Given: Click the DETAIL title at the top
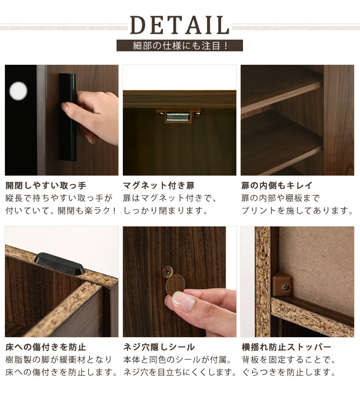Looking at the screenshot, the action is click(180, 25).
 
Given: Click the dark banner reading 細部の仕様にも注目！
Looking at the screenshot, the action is click(180, 45).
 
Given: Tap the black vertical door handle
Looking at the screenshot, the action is click(68, 117).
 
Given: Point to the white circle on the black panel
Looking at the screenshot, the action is click(18, 90).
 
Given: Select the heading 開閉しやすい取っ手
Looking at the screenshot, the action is click(46, 185).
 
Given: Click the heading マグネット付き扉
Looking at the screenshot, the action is click(159, 185).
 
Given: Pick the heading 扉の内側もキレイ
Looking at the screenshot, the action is click(277, 185).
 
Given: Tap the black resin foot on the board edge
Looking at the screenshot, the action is click(59, 264).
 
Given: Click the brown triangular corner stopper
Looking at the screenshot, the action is click(282, 284).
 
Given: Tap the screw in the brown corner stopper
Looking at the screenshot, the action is click(286, 288).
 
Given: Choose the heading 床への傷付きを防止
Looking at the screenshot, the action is click(46, 347).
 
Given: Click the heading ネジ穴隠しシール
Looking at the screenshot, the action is click(159, 347).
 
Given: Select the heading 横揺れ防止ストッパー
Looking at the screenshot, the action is click(286, 347).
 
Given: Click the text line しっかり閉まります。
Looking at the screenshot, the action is click(166, 211).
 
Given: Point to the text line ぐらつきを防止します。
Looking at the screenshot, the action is click(288, 372).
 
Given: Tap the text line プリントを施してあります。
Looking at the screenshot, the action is click(297, 211).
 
